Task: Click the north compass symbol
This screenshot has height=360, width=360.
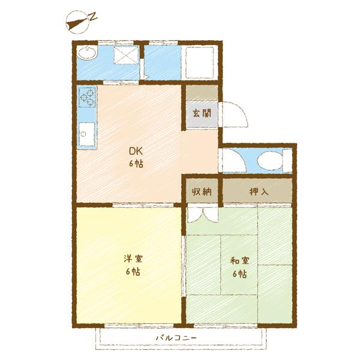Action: [x=77, y=22]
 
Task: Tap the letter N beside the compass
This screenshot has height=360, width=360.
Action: [x=93, y=17]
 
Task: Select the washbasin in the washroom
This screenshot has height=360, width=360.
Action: [x=87, y=53]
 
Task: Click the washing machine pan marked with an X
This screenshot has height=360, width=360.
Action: [x=126, y=55]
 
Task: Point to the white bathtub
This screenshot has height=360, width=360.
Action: [x=199, y=62]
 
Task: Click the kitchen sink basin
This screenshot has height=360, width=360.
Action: [x=87, y=134]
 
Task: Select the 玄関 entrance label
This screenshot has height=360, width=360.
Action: [x=202, y=113]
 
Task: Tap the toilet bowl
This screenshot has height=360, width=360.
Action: [x=269, y=160]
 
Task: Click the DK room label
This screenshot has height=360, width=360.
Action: [x=136, y=151]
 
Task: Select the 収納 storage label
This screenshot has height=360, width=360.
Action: [x=202, y=191]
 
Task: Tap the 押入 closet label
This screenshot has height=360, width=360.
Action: [x=259, y=191]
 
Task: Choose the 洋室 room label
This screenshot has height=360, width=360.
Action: [x=133, y=259]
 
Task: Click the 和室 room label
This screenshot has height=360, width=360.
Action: [x=239, y=260]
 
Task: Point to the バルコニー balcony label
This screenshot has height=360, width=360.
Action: [x=176, y=338]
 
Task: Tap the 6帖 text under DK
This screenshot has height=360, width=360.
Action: [x=136, y=163]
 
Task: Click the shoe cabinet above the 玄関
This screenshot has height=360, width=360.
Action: [x=202, y=93]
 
